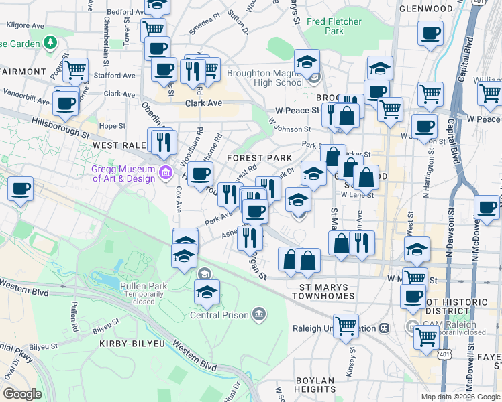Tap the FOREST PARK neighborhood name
258,157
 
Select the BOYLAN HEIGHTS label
315,385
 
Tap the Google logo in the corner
22,394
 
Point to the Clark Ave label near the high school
203,104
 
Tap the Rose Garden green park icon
50,43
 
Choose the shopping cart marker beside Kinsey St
346,326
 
